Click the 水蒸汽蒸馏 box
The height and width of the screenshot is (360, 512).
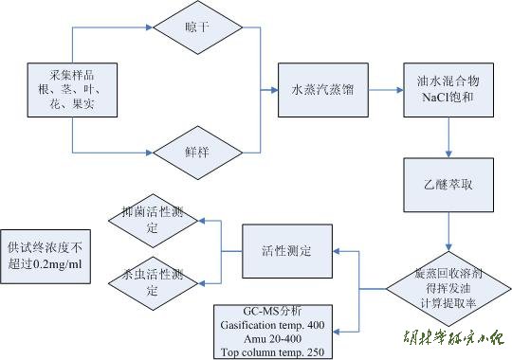point(321,90)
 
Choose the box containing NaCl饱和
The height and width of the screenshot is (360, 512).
point(446,90)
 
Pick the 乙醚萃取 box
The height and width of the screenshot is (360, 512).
point(446,177)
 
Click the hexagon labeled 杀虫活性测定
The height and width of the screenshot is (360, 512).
point(152,284)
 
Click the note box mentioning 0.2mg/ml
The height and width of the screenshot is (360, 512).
point(47,253)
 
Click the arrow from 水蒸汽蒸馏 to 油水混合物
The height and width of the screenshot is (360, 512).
point(384,91)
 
